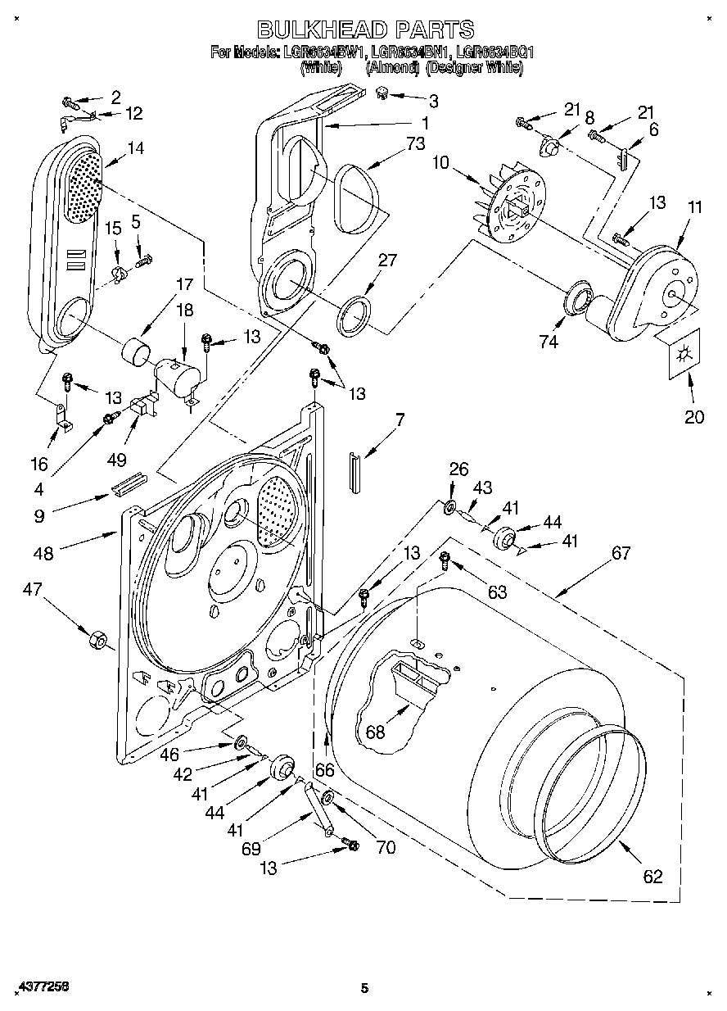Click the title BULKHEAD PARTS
365,30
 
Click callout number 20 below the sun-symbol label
693,417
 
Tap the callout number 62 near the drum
652,877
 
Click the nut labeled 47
97,638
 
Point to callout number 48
43,553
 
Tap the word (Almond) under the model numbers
392,69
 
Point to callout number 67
621,553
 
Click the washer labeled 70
327,798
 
